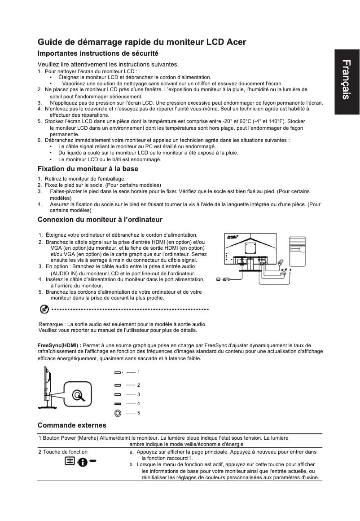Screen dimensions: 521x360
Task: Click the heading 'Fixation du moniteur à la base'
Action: (x=88, y=169)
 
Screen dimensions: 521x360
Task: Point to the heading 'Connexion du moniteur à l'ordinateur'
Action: (x=100, y=219)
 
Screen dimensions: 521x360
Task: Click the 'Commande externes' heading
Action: (x=72, y=425)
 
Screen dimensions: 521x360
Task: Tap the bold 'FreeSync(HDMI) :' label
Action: (x=56, y=345)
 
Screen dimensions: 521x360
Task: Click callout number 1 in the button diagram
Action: (x=139, y=372)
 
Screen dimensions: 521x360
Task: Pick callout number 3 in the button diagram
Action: (x=139, y=394)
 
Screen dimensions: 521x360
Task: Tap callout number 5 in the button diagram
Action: (x=139, y=412)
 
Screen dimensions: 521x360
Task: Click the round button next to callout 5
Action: (x=117, y=412)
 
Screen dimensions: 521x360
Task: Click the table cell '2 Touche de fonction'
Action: (x=63, y=451)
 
